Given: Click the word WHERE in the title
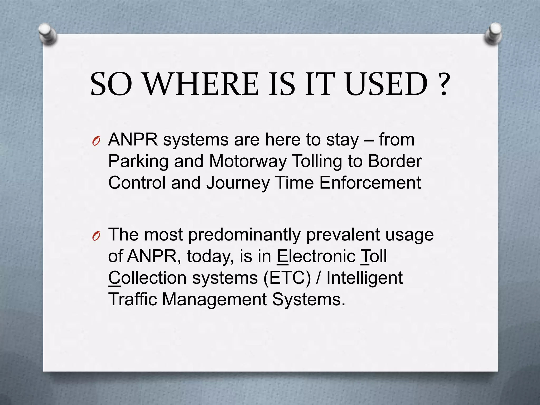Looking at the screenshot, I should (x=201, y=84).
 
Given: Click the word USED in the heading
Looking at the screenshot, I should (x=386, y=84).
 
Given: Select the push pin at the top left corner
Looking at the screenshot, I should (x=47, y=35).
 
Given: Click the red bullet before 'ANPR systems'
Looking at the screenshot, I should (x=96, y=142).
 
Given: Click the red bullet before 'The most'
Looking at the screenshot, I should (x=96, y=237).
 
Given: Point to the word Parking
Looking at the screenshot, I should (x=138, y=161).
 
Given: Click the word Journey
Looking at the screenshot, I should (x=238, y=183).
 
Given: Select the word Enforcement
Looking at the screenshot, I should (x=370, y=182).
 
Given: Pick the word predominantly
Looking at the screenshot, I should (x=244, y=235).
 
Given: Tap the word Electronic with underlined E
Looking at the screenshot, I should (x=316, y=256).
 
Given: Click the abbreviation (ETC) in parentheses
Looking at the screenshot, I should (x=287, y=278).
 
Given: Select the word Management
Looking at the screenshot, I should (x=214, y=300).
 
